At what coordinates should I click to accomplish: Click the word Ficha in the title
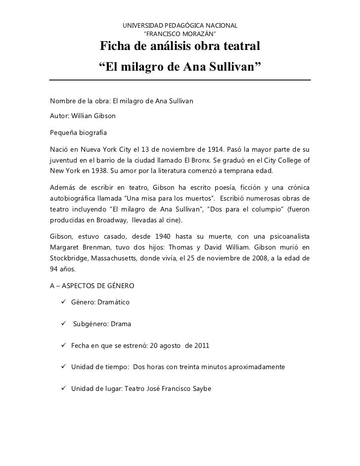(x=116, y=47)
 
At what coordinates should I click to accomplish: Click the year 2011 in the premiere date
(x=201, y=345)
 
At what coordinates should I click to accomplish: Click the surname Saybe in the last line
(x=200, y=388)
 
